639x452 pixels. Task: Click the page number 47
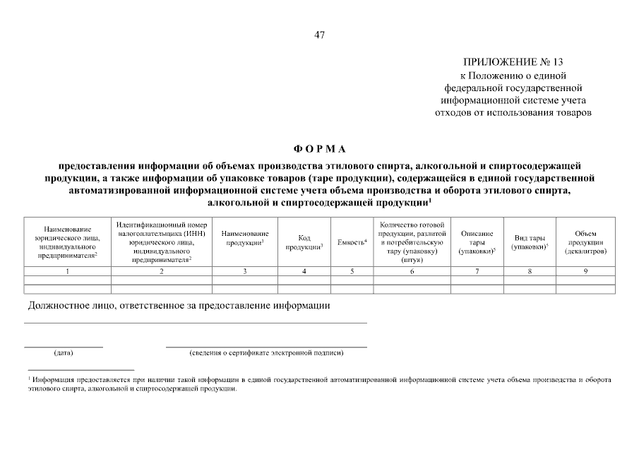pyautogui.click(x=319, y=35)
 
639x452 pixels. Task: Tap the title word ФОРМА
pyautogui.click(x=320, y=149)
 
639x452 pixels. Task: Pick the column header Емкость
pyautogui.click(x=352, y=242)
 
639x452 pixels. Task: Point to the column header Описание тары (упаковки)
pyautogui.click(x=477, y=242)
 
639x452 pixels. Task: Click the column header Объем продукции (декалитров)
pyautogui.click(x=585, y=242)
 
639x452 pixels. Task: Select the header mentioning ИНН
pyautogui.click(x=161, y=242)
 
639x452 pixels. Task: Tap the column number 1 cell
pyautogui.click(x=67, y=271)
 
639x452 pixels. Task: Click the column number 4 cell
pyautogui.click(x=304, y=271)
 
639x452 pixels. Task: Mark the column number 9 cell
pyautogui.click(x=585, y=271)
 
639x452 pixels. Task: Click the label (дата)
pyautogui.click(x=63, y=352)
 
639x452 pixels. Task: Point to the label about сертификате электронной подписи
pyautogui.click(x=266, y=352)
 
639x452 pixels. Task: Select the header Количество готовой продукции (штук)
pyautogui.click(x=411, y=242)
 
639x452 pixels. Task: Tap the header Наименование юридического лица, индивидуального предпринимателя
pyautogui.click(x=67, y=242)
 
